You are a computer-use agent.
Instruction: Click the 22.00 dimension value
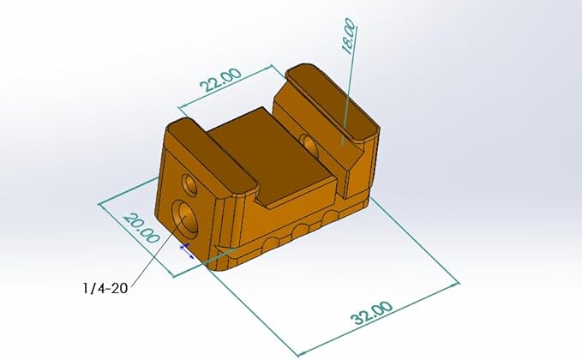[x=220, y=81]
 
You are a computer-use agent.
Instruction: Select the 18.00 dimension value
[x=348, y=36]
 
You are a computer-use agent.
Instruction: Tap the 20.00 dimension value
[x=141, y=228]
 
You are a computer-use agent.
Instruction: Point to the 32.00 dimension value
[x=371, y=313]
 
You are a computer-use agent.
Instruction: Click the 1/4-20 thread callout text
[x=105, y=288]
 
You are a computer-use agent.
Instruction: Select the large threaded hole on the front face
[x=185, y=218]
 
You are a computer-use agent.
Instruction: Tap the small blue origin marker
[x=187, y=250]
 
